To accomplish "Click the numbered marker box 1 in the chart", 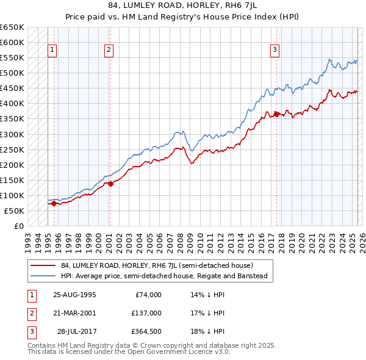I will (x=52, y=50).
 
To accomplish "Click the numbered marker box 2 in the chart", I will (x=109, y=50).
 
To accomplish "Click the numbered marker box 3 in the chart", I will (x=275, y=50).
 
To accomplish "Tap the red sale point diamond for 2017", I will (x=276, y=114).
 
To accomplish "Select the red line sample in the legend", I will (x=43, y=265).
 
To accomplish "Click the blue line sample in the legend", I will (x=43, y=276).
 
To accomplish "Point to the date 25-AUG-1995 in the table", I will (x=74, y=294).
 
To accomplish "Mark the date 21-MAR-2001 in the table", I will (x=74, y=312).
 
